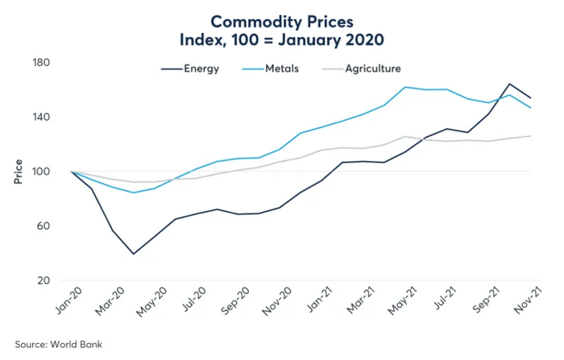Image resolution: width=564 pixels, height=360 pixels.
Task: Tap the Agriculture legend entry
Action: (x=373, y=69)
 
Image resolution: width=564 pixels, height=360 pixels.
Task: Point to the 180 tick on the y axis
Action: (x=42, y=63)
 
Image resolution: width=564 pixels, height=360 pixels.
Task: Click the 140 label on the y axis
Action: (x=42, y=117)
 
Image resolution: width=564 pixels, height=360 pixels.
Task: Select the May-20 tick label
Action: (x=152, y=302)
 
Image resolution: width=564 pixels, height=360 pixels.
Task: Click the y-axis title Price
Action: (x=18, y=171)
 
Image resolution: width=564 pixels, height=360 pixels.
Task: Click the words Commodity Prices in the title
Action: (x=281, y=22)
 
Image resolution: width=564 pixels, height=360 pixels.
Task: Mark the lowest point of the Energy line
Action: (x=133, y=254)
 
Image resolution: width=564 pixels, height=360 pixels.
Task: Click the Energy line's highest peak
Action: (x=509, y=84)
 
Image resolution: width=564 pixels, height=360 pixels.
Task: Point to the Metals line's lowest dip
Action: (x=133, y=192)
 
